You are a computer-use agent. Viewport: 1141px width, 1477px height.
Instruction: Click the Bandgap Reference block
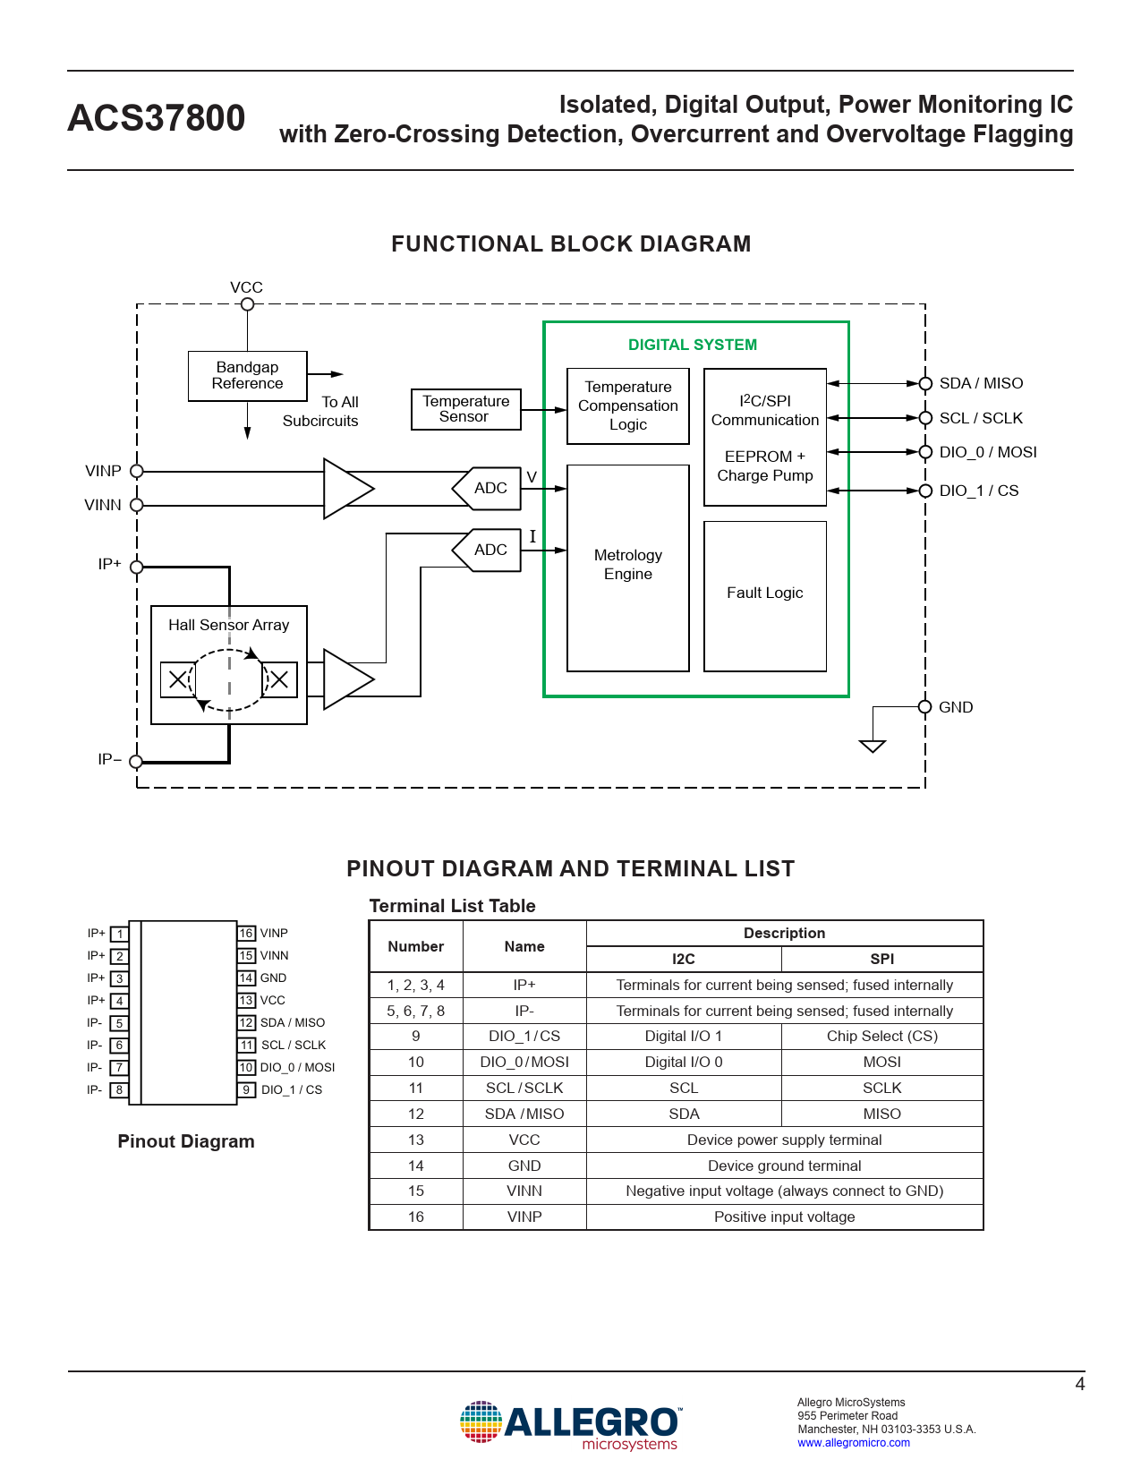[x=247, y=376]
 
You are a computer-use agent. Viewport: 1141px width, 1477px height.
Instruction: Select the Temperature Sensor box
[x=465, y=409]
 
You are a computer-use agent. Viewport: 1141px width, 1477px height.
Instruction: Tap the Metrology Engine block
[x=627, y=567]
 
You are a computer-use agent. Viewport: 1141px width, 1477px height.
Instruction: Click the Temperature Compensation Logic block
[x=627, y=406]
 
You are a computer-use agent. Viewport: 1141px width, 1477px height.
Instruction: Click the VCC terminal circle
[x=248, y=304]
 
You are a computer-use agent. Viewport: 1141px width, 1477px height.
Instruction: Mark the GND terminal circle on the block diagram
[x=925, y=707]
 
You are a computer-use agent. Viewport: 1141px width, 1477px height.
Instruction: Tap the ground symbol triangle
[x=873, y=746]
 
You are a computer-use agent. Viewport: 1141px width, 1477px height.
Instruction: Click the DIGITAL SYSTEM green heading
[x=692, y=346]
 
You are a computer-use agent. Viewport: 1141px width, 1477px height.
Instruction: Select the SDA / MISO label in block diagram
[x=981, y=383]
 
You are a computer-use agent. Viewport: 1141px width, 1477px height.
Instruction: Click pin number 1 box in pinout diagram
[x=120, y=934]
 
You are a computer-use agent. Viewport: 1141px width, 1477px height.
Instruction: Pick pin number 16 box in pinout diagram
[x=246, y=934]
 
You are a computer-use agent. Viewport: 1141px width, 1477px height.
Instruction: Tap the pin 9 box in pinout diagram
[x=246, y=1090]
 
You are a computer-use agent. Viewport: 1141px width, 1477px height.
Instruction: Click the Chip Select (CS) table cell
[x=881, y=1037]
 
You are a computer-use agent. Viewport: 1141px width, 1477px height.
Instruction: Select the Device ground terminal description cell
[x=784, y=1165]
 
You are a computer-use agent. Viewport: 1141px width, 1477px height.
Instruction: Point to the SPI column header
[x=881, y=959]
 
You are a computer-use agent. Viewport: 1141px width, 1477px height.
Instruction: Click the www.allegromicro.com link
[x=854, y=1443]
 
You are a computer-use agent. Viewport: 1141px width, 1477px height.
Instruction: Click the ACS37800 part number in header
[x=157, y=119]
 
